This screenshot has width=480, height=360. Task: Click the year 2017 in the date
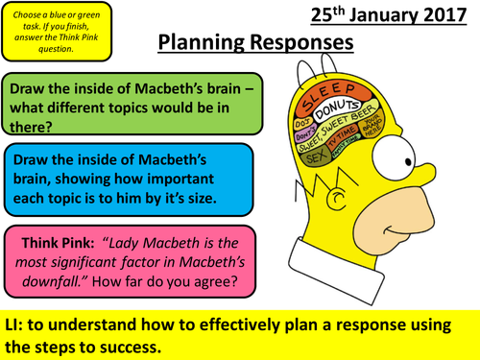(443, 16)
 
